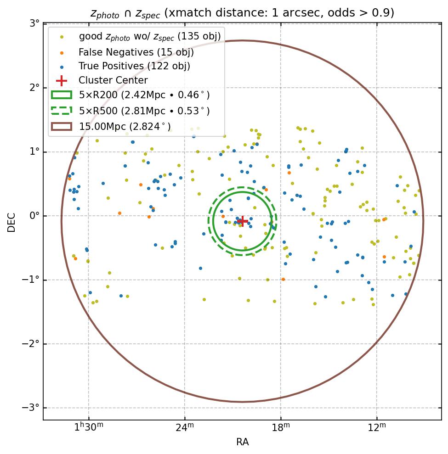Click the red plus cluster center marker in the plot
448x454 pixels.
coord(242,221)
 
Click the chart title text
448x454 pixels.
coord(242,13)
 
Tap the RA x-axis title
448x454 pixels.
coord(242,442)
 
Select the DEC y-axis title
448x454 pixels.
coord(11,222)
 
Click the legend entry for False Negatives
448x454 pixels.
coord(136,52)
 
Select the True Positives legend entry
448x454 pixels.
coord(134,66)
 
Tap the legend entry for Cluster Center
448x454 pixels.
coord(113,80)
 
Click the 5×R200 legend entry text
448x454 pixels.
coord(144,95)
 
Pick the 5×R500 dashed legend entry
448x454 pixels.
coord(144,111)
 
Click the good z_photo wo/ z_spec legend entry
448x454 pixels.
coord(150,36)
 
